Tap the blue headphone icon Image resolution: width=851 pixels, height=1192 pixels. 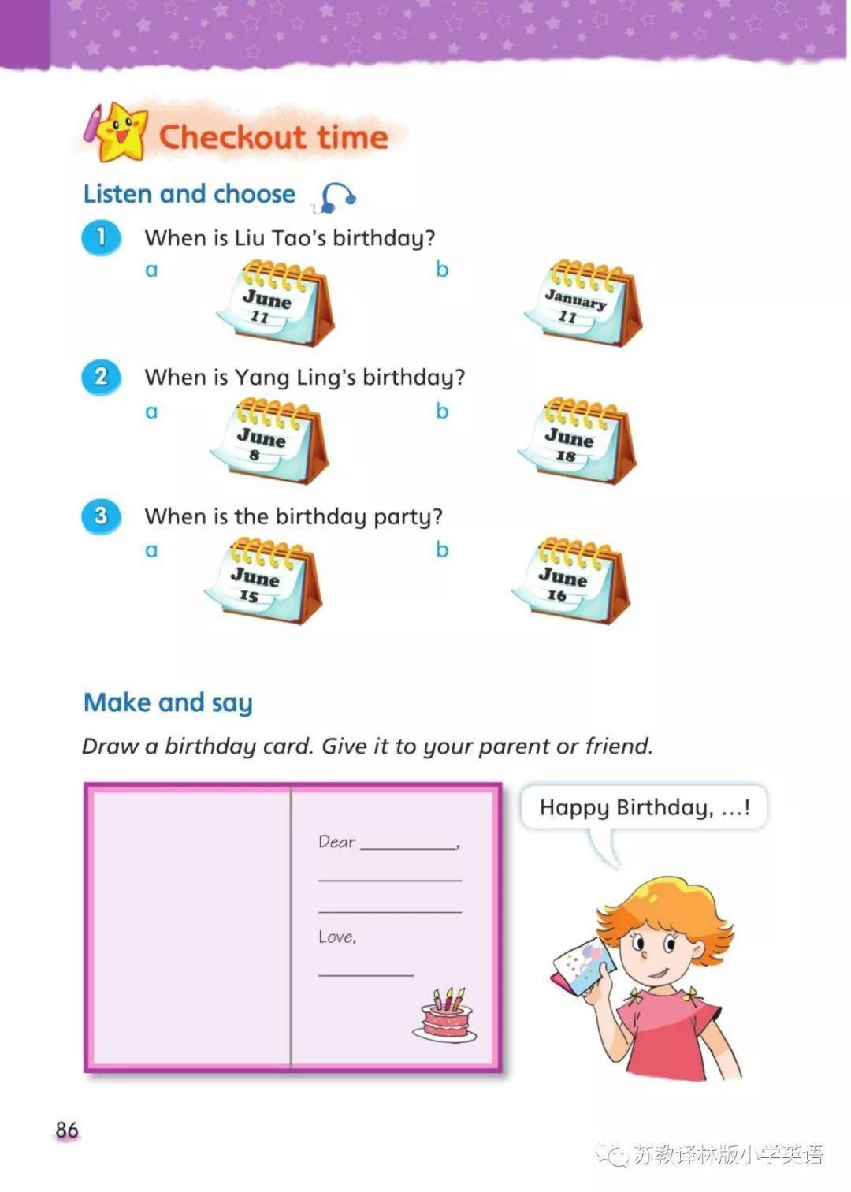click(x=335, y=198)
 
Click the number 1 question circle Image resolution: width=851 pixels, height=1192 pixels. click(x=101, y=237)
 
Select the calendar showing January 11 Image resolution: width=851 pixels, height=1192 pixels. click(x=582, y=304)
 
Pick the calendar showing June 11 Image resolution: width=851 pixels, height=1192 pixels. click(x=275, y=304)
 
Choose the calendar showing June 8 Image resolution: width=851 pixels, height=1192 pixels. click(x=269, y=441)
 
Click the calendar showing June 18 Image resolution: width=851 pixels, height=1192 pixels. click(x=577, y=441)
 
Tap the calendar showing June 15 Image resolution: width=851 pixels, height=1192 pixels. click(x=263, y=580)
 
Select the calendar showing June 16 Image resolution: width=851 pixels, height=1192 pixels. click(x=570, y=580)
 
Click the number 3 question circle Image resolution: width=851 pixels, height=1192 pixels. click(x=101, y=516)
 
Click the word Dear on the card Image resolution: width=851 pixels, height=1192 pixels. click(x=336, y=842)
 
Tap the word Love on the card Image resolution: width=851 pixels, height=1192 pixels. click(x=336, y=937)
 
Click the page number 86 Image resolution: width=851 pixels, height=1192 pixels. click(x=67, y=1130)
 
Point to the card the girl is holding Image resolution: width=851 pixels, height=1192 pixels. click(x=582, y=970)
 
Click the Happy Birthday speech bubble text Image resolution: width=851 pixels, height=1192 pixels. click(x=645, y=808)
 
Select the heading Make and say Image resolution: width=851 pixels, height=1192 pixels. click(x=168, y=702)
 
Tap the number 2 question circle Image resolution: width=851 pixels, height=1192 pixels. click(x=101, y=377)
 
